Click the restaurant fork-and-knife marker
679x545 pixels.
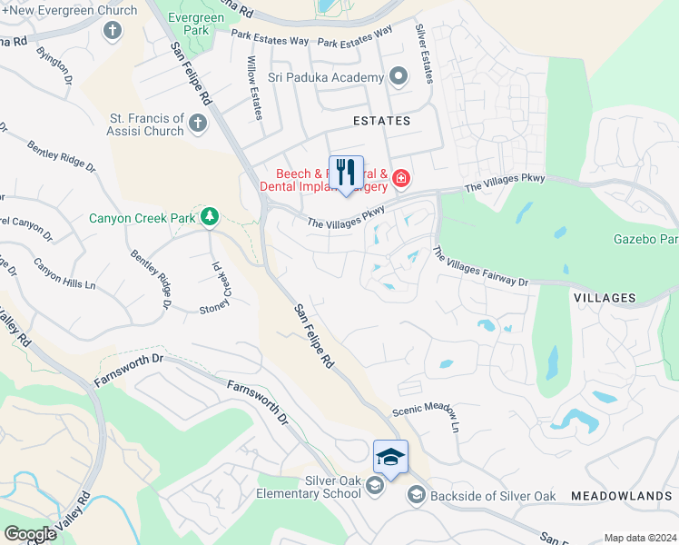point(346,171)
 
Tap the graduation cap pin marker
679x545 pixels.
point(390,457)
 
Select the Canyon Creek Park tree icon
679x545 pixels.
point(210,216)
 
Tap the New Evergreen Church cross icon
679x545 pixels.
point(113,30)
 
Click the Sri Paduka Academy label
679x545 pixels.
point(331,77)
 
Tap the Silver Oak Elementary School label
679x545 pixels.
point(308,487)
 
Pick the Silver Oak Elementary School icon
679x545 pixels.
point(374,488)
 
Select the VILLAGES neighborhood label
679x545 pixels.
point(605,298)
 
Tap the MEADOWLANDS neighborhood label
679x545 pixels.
point(622,496)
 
